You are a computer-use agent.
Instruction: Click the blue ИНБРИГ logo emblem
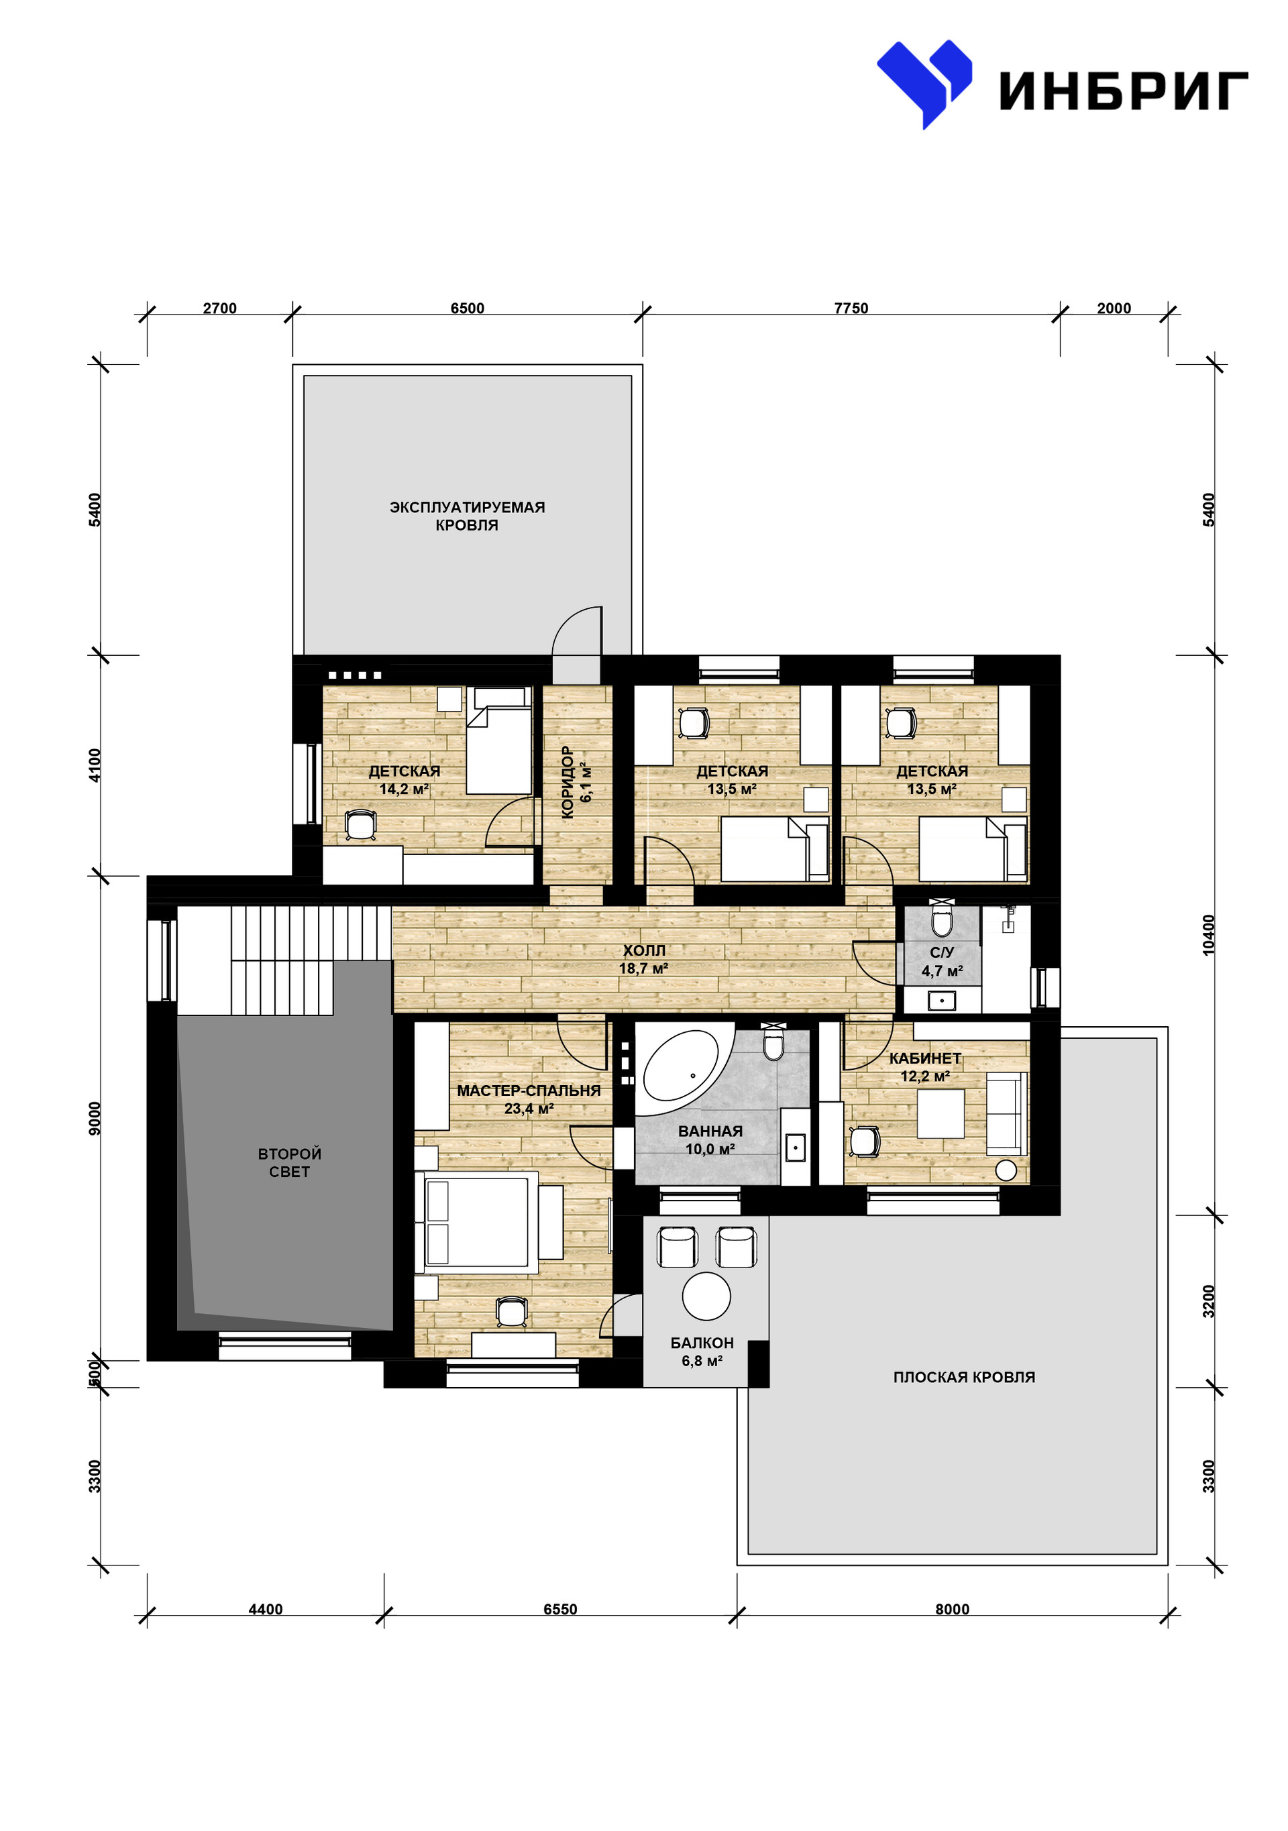point(924,81)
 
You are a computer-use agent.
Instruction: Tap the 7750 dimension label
point(851,309)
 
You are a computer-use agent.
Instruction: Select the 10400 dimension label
point(1209,935)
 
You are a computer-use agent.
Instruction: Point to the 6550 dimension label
point(560,1609)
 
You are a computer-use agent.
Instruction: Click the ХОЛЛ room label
point(643,950)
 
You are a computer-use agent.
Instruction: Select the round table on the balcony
point(706,1296)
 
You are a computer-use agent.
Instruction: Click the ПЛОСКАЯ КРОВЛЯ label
point(963,1377)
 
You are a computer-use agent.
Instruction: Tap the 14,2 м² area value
point(404,789)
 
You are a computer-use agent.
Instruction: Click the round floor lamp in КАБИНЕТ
point(1006,1170)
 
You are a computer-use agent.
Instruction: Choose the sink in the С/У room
point(942,1000)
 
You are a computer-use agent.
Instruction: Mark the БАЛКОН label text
point(702,1343)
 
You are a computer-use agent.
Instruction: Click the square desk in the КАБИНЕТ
point(941,1113)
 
